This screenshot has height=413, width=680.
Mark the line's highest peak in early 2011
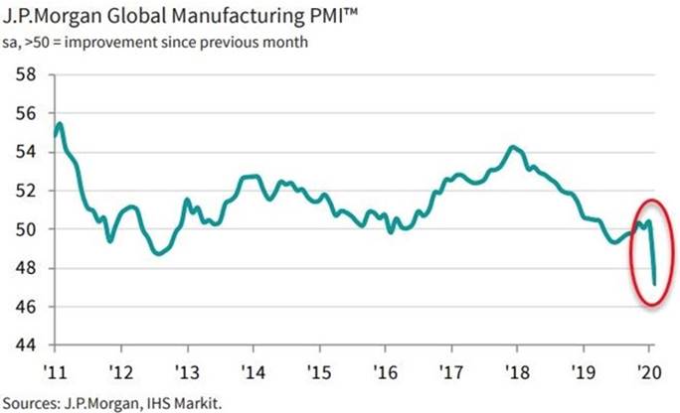click(61, 123)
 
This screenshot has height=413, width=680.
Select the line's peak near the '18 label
click(512, 147)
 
